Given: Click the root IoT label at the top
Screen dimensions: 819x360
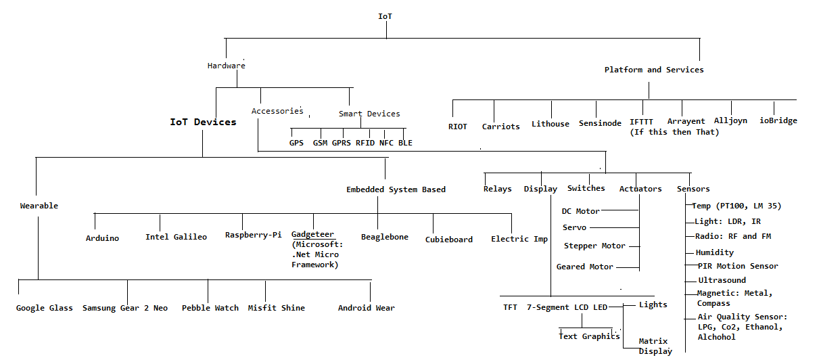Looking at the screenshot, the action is point(385,16).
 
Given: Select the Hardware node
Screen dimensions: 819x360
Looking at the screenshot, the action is point(227,66).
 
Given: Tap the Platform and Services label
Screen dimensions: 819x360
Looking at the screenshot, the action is point(654,70).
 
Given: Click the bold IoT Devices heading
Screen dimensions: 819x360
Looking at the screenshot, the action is point(203,122).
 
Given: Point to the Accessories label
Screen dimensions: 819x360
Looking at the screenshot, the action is point(277,111).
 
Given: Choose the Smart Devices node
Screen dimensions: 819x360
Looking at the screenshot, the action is point(369,114).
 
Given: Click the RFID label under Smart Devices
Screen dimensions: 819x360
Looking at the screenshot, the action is point(365,143).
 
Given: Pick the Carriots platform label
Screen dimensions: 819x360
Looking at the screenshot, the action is point(500,127).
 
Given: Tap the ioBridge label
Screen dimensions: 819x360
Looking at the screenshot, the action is point(778,120).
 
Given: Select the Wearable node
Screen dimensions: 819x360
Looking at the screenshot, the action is point(39,206).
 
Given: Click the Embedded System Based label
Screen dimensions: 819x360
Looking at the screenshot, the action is point(396,189).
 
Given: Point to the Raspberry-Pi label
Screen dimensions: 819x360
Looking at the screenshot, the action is point(254,235).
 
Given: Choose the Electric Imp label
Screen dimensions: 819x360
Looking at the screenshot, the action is point(519,240).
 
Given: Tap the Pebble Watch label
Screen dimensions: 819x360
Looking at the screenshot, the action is point(210,308).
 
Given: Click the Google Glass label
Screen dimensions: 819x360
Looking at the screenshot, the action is point(44,308).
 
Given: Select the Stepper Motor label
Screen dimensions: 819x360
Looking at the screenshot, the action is point(594,246).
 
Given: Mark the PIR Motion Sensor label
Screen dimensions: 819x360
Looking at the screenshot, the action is point(738,266).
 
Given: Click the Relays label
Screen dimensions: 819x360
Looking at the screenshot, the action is point(497,189).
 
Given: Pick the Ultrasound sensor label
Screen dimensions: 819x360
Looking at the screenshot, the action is point(722,280).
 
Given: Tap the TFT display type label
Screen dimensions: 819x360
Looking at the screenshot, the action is point(510,307).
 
